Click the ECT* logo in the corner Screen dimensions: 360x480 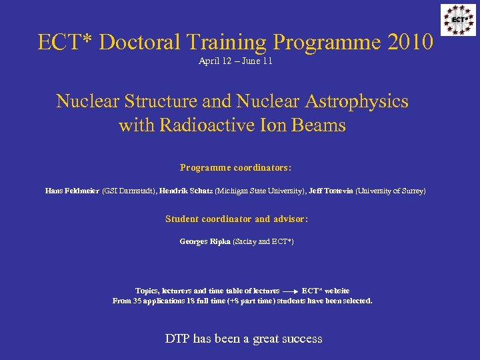click(x=458, y=19)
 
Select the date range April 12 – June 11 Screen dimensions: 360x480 click(x=235, y=61)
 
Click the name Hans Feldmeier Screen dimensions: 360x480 click(x=72, y=191)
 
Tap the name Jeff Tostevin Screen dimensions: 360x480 click(x=331, y=191)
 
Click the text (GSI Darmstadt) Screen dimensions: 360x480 click(x=129, y=191)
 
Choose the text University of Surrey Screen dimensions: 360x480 click(x=390, y=191)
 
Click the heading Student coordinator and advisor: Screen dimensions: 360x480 click(x=236, y=219)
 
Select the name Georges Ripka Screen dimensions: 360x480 click(x=205, y=241)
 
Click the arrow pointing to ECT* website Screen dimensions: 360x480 click(x=290, y=292)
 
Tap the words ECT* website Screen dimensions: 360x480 click(x=325, y=291)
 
